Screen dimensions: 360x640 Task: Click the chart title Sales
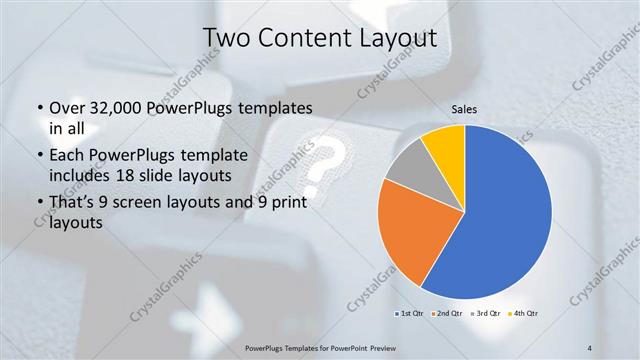point(464,108)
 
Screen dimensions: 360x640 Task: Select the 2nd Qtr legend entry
point(446,313)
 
